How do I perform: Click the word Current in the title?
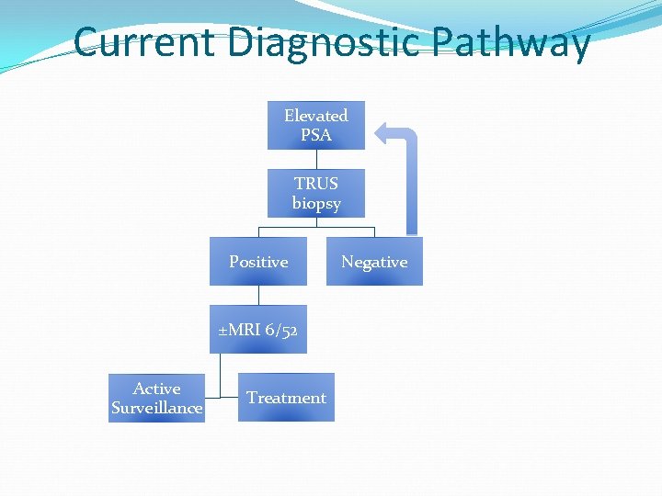[144, 42]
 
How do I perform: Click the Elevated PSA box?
[315, 125]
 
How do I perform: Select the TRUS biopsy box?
[315, 193]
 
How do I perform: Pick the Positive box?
[258, 262]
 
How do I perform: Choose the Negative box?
[374, 262]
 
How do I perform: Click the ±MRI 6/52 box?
[258, 330]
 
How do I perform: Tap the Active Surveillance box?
[156, 398]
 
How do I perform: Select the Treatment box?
[286, 398]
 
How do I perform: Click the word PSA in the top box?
[315, 135]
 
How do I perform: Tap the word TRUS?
[315, 183]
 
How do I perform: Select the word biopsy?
[315, 203]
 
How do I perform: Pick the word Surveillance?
[156, 408]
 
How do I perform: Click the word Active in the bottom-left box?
[156, 389]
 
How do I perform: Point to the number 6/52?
[281, 330]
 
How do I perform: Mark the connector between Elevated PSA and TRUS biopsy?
[315, 159]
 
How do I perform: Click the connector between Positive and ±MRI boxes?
[258, 295]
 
